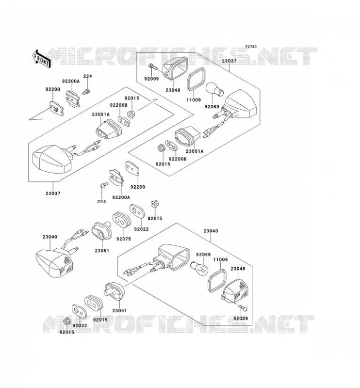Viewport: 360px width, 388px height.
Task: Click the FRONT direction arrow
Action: point(42,59)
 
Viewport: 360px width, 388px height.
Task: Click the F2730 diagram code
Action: point(251,47)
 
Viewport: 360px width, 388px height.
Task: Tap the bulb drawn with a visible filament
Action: point(200,268)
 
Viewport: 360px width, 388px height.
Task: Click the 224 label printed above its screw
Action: point(87,76)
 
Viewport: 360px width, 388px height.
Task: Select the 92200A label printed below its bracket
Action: point(121,197)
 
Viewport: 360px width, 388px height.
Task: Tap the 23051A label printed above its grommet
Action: point(101,114)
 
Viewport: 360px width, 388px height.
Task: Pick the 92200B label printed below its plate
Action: point(178,159)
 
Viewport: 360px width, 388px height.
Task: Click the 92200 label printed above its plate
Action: point(52,89)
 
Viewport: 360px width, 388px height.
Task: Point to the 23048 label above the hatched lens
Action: point(238,269)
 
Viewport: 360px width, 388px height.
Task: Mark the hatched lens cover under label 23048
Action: point(234,291)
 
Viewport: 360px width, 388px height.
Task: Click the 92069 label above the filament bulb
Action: point(203,254)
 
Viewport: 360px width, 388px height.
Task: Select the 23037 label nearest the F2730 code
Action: point(229,61)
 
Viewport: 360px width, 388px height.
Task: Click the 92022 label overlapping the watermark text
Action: point(80,325)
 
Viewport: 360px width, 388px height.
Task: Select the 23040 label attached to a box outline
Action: point(211,231)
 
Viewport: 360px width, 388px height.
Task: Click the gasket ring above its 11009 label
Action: point(196,79)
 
